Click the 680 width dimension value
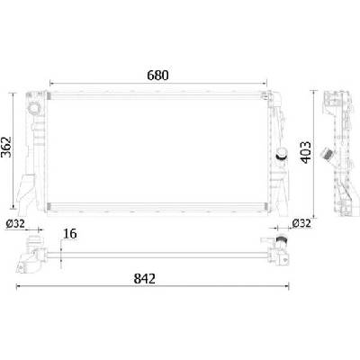[157, 76]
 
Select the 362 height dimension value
[6, 147]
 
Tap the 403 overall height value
[306, 152]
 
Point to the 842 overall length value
[145, 279]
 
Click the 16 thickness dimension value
[70, 234]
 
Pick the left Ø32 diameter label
[15, 223]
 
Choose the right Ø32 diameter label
[301, 223]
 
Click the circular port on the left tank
[33, 108]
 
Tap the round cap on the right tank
[282, 154]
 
